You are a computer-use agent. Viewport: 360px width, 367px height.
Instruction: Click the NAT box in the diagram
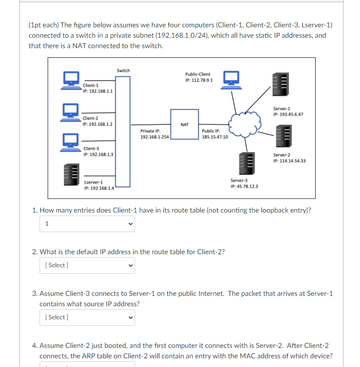pos(185,124)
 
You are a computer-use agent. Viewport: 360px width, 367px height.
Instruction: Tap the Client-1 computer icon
pos(71,81)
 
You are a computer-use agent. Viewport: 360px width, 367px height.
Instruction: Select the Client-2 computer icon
pos(70,113)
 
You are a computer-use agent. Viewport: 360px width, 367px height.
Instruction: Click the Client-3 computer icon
pos(70,143)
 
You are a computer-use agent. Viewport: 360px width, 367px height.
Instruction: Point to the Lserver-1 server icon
pos(72,174)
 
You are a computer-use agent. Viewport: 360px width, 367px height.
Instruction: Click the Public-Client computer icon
pos(231,80)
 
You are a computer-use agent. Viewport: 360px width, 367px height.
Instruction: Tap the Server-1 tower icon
pos(281,84)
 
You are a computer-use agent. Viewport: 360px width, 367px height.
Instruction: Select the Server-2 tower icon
pos(284,136)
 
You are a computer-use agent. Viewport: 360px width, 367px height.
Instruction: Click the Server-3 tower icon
pos(247,164)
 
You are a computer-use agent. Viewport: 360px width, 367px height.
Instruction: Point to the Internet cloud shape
pos(244,125)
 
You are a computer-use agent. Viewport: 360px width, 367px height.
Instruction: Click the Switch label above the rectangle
pos(123,70)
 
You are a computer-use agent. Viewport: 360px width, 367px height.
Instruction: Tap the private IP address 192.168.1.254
pos(155,137)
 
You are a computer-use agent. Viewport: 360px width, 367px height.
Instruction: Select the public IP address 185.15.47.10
pos(215,137)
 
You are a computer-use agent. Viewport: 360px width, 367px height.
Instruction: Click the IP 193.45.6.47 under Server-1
pos(288,115)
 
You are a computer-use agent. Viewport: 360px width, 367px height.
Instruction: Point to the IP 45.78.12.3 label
pos(244,186)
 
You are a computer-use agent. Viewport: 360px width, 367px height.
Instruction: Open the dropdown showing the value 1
pos(87,224)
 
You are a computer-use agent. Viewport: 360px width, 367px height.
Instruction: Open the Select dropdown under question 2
pos(87,265)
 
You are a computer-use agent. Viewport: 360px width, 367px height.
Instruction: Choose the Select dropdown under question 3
pos(87,318)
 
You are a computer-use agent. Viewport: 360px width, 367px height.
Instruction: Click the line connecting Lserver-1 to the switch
pos(99,176)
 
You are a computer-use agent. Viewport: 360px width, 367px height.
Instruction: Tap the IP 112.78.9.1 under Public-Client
pos(199,80)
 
